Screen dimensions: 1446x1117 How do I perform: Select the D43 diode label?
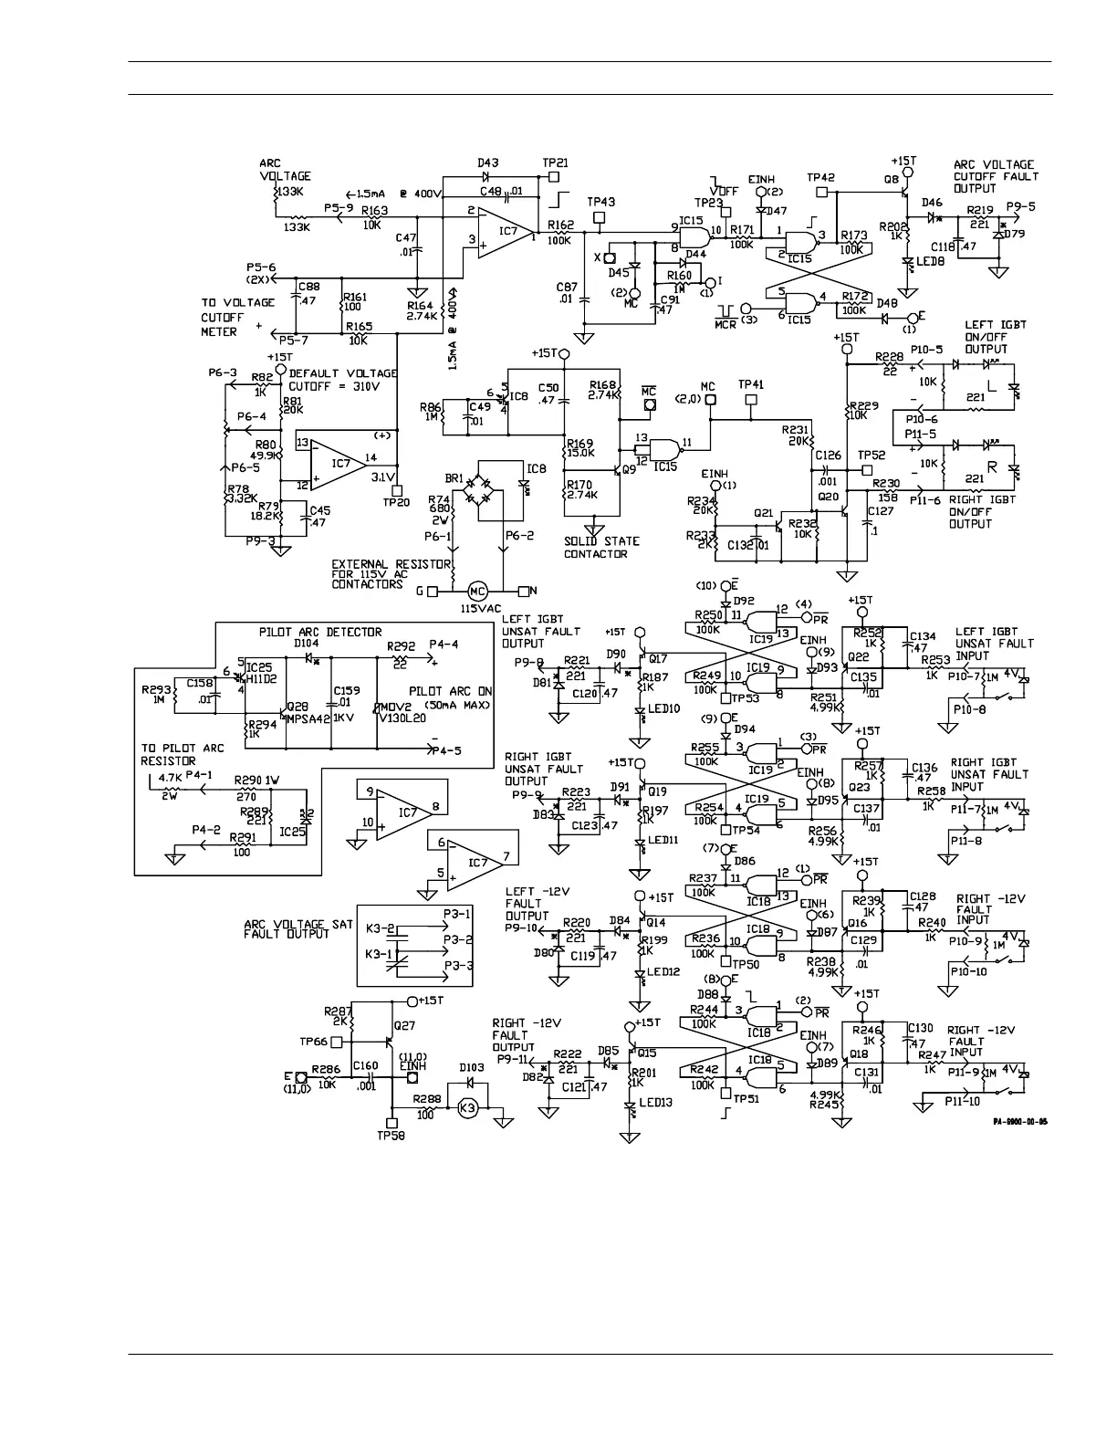click(x=488, y=162)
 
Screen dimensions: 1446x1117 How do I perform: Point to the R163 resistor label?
click(x=374, y=210)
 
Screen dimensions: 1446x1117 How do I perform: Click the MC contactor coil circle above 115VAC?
click(x=477, y=592)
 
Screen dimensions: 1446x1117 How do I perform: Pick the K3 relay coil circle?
click(x=467, y=1107)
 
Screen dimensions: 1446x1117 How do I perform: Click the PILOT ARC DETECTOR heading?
click(x=319, y=632)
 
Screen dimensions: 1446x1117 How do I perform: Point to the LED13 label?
click(x=654, y=1103)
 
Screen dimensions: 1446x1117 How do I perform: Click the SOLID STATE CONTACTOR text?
click(x=601, y=548)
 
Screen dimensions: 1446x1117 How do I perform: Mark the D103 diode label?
click(x=472, y=1067)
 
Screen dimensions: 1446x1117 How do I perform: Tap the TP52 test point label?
click(x=872, y=455)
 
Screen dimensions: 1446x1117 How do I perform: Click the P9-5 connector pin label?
click(x=1020, y=206)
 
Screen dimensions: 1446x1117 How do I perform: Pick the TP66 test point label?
click(x=313, y=1041)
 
